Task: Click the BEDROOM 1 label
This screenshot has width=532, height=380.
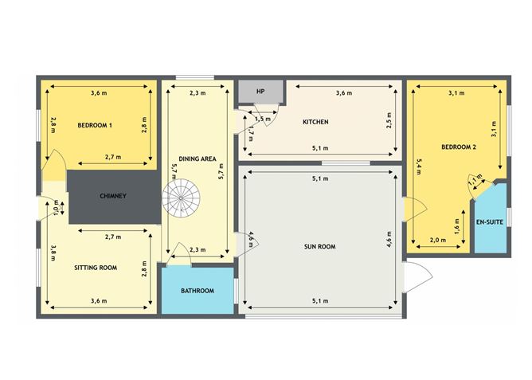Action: point(95,125)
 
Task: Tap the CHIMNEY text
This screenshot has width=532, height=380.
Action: point(113,196)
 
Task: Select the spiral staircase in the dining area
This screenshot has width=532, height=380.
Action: point(181,198)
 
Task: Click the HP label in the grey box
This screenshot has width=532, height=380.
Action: point(260,92)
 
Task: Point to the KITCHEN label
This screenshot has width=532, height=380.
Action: point(315,121)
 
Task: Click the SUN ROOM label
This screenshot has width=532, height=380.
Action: point(319,247)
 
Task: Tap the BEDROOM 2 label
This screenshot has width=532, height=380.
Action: point(459,147)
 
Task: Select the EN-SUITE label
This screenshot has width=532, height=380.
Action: point(490,222)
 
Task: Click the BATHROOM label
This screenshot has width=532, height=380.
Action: point(198,291)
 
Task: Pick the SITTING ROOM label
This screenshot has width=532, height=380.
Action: point(96,268)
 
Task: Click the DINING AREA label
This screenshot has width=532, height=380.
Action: point(198,159)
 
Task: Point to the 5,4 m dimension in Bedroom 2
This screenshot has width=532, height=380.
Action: point(418,166)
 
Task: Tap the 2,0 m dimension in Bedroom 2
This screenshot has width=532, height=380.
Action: point(438,240)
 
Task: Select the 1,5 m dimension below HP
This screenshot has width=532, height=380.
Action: point(263,119)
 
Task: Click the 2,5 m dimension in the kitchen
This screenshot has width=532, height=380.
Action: point(389,120)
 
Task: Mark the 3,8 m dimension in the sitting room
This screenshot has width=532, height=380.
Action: point(53,253)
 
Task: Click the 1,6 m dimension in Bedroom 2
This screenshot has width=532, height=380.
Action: point(456,226)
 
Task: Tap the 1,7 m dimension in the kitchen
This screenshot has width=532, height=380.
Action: point(251,134)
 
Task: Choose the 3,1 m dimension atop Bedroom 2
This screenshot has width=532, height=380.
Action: point(456,93)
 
